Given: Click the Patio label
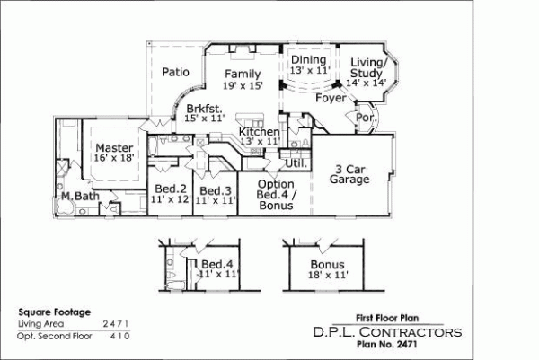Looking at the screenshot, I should click(175, 73).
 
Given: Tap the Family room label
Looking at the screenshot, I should click(243, 74).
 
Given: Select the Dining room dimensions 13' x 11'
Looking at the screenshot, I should click(310, 70).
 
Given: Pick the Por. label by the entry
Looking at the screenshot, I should click(365, 118).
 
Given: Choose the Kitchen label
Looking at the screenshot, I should click(259, 131).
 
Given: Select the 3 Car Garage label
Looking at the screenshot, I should click(351, 173).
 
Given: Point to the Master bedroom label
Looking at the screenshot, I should click(115, 148).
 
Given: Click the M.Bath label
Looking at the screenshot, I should click(78, 196).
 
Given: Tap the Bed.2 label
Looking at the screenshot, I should click(170, 189).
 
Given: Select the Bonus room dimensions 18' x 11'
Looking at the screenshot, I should click(327, 276).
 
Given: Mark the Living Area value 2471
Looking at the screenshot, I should click(116, 321).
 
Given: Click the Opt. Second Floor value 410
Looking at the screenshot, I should click(119, 335).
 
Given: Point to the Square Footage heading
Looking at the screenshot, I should click(54, 311).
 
